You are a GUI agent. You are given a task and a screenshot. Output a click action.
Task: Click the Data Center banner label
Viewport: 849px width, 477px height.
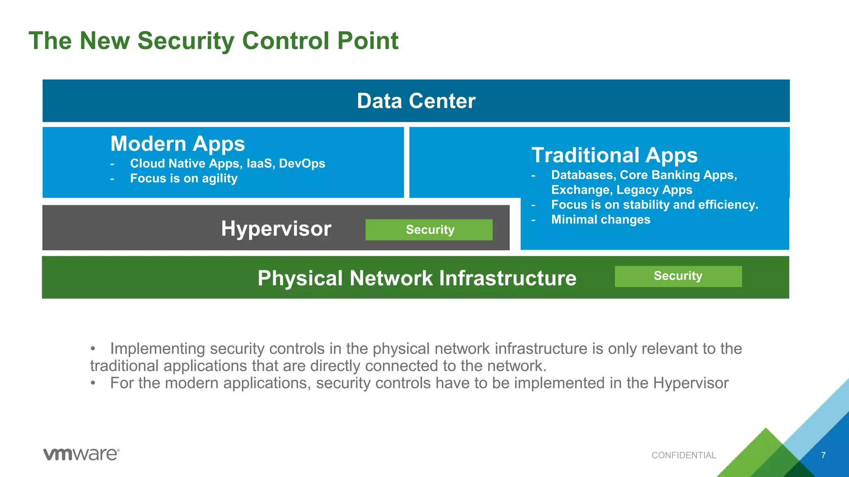pyautogui.click(x=416, y=101)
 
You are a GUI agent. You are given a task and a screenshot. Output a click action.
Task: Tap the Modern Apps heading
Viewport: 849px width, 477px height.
pyautogui.click(x=177, y=144)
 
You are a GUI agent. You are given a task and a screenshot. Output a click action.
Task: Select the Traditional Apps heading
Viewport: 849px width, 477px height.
pyautogui.click(x=614, y=155)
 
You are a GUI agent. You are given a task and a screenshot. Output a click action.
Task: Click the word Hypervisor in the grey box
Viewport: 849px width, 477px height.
pyautogui.click(x=276, y=229)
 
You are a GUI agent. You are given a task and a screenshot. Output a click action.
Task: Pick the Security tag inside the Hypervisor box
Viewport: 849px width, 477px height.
pyautogui.click(x=429, y=230)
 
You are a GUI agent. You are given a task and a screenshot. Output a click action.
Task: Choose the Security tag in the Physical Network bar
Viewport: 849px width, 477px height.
pyautogui.click(x=678, y=276)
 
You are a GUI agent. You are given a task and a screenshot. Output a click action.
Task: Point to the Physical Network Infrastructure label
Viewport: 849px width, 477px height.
pyautogui.click(x=417, y=278)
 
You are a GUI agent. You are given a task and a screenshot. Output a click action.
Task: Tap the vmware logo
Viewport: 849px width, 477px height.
pyautogui.click(x=81, y=454)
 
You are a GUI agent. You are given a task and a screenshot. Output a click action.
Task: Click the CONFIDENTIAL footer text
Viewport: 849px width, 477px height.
pyautogui.click(x=684, y=455)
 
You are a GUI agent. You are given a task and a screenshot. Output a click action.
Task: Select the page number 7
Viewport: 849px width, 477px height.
pyautogui.click(x=823, y=455)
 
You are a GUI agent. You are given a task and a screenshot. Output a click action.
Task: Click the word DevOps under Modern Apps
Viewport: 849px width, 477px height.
pyautogui.click(x=302, y=164)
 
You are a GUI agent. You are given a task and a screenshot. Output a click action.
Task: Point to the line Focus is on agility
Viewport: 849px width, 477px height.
pyautogui.click(x=184, y=178)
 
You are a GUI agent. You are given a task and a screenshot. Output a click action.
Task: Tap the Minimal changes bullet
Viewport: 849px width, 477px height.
pyautogui.click(x=601, y=219)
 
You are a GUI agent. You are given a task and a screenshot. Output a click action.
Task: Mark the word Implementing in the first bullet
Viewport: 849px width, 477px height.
pyautogui.click(x=158, y=349)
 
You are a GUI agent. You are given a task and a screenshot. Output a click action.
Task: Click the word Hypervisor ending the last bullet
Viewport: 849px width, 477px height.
pyautogui.click(x=691, y=383)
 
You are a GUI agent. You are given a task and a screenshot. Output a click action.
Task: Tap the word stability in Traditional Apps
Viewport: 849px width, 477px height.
pyautogui.click(x=646, y=205)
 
